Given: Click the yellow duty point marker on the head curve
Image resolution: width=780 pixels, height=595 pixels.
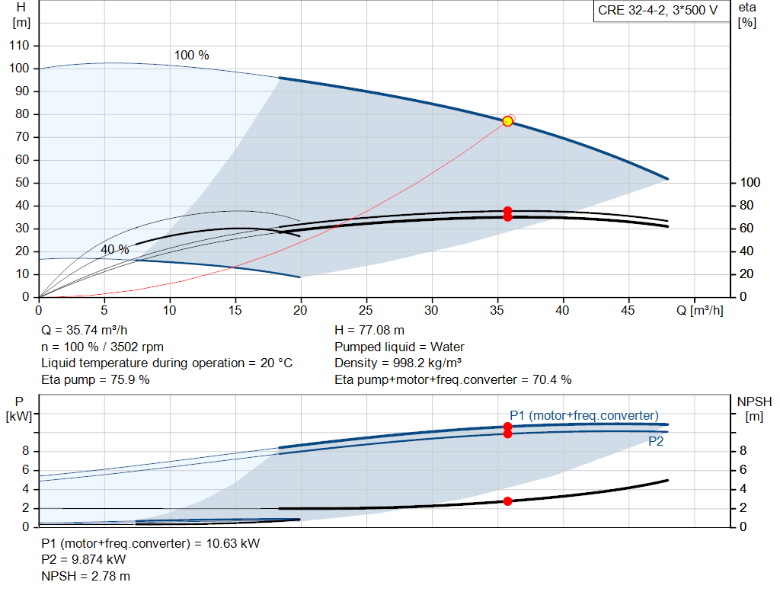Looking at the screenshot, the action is tap(507, 121).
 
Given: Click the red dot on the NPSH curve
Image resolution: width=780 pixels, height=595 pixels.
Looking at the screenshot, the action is tap(507, 501).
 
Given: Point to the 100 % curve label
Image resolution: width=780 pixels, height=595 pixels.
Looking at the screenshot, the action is tap(191, 55).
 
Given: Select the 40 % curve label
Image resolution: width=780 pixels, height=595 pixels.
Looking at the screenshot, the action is tap(115, 249).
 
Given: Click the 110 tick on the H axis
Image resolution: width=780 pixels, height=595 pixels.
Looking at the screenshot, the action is tap(19, 45).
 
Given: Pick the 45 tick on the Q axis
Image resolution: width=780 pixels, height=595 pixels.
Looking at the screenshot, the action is tap(628, 310).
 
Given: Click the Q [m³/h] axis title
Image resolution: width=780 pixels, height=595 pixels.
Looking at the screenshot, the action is tap(700, 310).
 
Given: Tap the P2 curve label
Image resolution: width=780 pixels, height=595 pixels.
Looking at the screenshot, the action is tap(656, 441).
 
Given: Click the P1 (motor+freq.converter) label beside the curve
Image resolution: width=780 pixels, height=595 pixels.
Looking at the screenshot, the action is tap(584, 415).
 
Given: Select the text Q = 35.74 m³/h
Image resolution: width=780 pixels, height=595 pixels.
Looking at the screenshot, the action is tap(84, 331).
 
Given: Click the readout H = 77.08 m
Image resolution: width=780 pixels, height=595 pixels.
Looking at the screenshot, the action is tap(369, 331).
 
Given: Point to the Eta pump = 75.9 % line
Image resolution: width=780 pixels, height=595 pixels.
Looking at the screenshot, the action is tap(95, 379).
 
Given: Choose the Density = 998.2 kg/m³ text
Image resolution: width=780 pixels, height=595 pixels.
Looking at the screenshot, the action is tap(398, 363).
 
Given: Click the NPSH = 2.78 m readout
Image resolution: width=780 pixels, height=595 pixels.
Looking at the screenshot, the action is tap(85, 576).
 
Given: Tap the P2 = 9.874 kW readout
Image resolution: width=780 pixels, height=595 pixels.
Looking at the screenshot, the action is tap(83, 559).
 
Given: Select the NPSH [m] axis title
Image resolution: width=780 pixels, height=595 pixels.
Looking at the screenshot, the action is tap(754, 408).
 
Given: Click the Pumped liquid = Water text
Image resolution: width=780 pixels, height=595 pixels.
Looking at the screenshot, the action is tap(399, 347).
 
